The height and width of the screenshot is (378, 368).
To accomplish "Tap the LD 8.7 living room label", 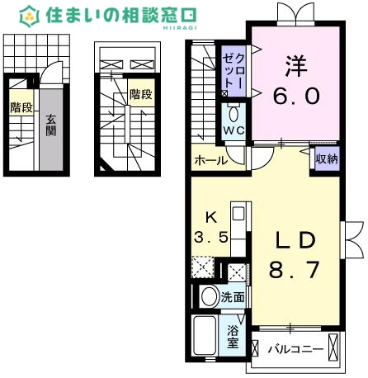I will [292, 254].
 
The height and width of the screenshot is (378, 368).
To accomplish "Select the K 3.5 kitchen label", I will [210, 227].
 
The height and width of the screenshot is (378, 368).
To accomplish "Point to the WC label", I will [232, 130].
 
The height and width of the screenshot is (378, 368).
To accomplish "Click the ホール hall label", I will [210, 161].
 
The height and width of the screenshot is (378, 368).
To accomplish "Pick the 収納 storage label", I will [326, 159].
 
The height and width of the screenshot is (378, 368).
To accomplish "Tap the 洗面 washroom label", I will [234, 297].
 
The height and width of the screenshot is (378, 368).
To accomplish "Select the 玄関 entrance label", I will [51, 125].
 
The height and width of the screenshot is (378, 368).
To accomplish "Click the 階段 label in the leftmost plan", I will [21, 107].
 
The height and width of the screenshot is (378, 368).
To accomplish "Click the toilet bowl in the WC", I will [233, 113].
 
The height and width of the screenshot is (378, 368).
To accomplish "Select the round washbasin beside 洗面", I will [209, 297].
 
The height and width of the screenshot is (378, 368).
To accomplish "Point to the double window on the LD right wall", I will [353, 240].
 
